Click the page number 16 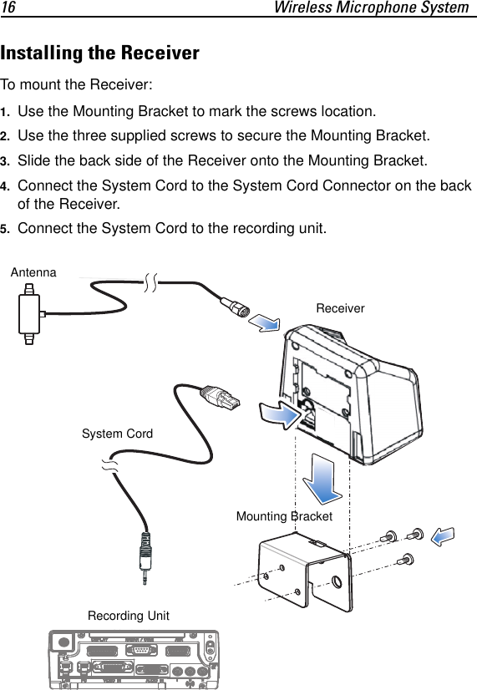pos(9,8)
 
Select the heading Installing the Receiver pos(100,53)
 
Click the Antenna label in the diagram pos(33,272)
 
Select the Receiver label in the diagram pos(340,308)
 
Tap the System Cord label pos(117,434)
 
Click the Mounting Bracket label pos(284,516)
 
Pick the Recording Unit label pos(128,616)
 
